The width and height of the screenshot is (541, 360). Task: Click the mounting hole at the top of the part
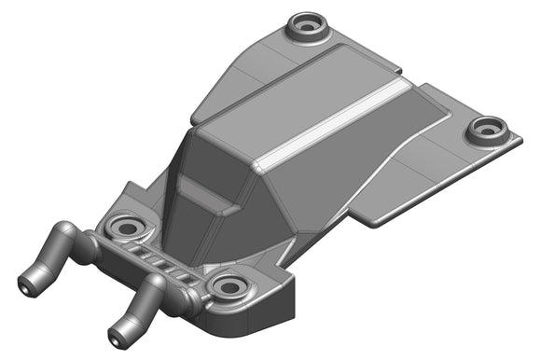(x=307, y=23)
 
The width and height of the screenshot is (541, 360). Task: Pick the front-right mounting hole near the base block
(x=228, y=284)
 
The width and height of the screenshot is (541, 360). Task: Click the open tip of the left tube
(x=27, y=279)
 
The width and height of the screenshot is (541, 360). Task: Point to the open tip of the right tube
(x=117, y=332)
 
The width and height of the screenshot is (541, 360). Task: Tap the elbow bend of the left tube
(x=68, y=232)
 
